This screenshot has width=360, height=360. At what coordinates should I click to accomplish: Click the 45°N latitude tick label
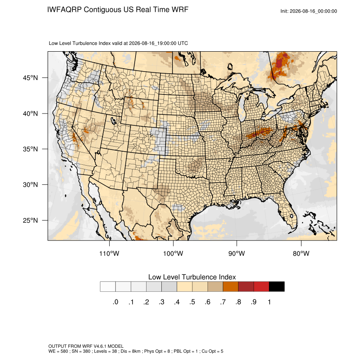tap(30, 78)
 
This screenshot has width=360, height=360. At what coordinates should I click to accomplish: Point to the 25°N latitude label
tap(30, 220)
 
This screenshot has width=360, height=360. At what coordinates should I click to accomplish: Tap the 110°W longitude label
tap(109, 253)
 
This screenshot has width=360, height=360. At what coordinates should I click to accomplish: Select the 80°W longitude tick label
tap(301, 253)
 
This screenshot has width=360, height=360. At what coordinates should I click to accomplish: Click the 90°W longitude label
tap(236, 253)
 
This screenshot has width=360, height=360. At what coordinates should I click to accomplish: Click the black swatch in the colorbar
tap(277, 287)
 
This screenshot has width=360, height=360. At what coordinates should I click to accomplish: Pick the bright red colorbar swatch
tap(261, 287)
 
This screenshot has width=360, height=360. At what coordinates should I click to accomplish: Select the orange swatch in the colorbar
tap(230, 287)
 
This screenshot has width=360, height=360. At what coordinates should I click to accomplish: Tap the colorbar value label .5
tap(192, 302)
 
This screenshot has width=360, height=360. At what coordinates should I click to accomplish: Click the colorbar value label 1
tap(269, 302)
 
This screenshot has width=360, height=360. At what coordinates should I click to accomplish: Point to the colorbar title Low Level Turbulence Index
tap(192, 277)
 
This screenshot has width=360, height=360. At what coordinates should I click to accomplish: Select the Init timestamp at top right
tap(309, 11)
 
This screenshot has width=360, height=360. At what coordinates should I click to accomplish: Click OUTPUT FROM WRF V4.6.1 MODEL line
tap(86, 346)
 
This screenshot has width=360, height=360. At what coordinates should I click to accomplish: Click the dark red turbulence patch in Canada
tap(280, 62)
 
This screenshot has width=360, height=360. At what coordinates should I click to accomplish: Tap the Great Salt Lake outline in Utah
tap(113, 120)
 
